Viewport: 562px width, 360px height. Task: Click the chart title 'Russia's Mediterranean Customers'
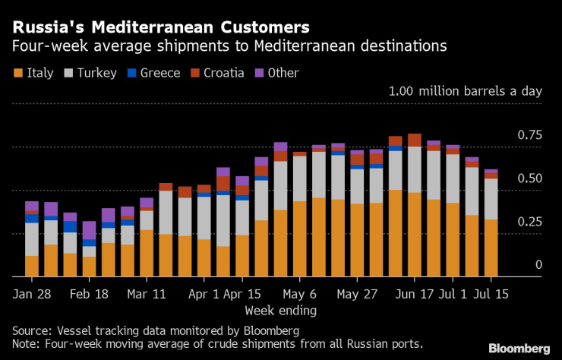[160, 27]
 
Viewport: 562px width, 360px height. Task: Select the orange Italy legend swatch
[17, 73]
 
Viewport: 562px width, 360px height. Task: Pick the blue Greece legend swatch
[131, 73]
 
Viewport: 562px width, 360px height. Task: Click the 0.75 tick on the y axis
[531, 135]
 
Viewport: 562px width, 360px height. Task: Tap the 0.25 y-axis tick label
[531, 222]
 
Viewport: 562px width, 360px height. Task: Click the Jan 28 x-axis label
[33, 293]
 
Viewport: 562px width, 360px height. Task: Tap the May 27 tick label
[357, 293]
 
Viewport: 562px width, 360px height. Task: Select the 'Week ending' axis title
[281, 310]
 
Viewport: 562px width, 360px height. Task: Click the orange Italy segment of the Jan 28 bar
[32, 266]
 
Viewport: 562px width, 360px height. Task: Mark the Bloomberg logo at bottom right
[519, 348]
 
